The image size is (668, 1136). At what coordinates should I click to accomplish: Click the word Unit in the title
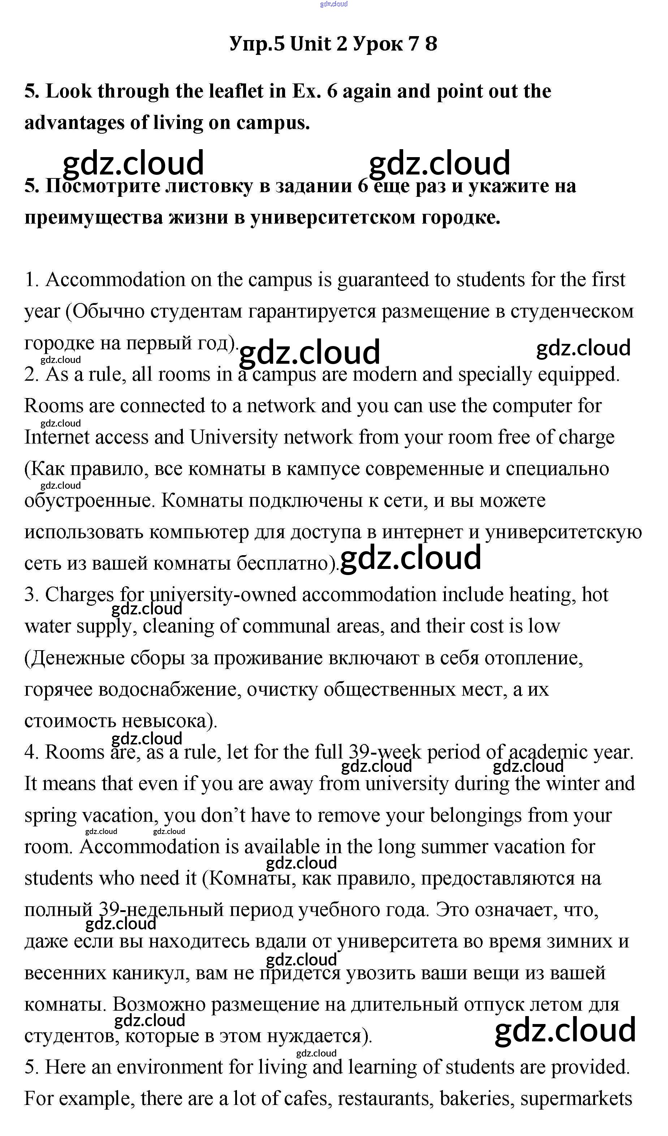[x=311, y=44]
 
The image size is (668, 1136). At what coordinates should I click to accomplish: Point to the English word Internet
[x=57, y=437]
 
